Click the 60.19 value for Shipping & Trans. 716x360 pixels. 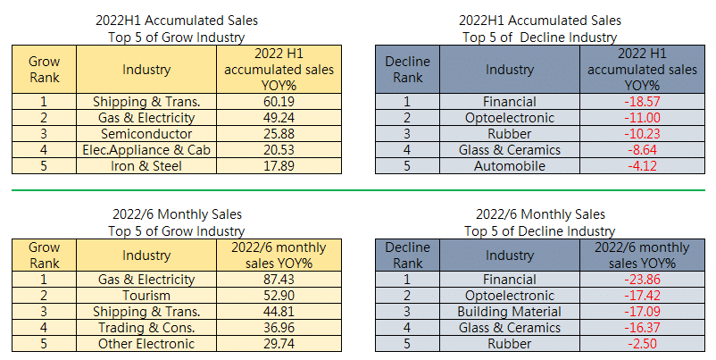[x=279, y=102]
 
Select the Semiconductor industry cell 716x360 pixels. [x=146, y=134]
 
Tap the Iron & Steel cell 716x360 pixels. [x=146, y=166]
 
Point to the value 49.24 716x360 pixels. [x=279, y=118]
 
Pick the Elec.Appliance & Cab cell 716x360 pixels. [x=146, y=150]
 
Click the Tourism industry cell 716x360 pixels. [x=146, y=296]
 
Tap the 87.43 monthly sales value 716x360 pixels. [x=279, y=280]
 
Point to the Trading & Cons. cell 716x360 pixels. [x=146, y=328]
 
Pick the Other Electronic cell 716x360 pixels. [x=146, y=344]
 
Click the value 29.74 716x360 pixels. [x=279, y=344]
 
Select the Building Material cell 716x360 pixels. [x=509, y=312]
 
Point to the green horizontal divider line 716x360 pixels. [x=357, y=190]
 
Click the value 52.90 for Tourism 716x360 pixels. [x=279, y=296]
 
